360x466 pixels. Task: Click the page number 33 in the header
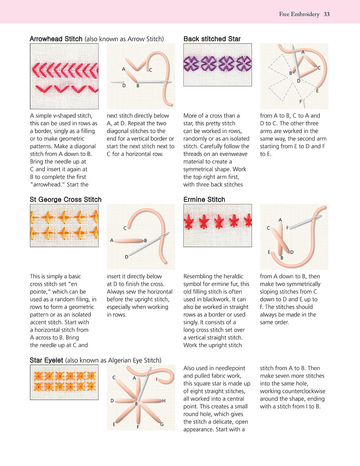327,14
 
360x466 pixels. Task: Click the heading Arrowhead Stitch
56,39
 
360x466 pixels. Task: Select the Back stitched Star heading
212,39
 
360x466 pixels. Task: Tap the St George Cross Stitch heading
66,200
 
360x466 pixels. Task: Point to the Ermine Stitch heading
204,200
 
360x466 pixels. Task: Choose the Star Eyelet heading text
46,360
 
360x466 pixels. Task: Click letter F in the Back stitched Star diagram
301,102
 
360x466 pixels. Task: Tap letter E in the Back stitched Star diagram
317,91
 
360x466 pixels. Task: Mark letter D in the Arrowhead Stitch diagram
124,86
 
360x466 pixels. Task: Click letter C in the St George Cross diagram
125,228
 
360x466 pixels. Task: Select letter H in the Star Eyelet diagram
164,401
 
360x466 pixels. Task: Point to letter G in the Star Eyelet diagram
162,424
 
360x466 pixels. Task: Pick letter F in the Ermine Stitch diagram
287,228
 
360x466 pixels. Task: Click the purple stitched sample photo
217,65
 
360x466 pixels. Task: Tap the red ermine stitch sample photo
217,225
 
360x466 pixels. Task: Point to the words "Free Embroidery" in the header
299,14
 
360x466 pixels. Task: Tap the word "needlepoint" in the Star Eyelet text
229,368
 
